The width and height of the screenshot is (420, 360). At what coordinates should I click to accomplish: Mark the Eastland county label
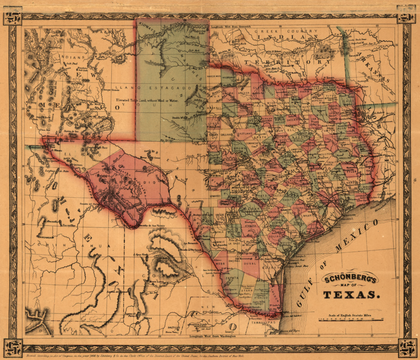pyautogui.click(x=245, y=133)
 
